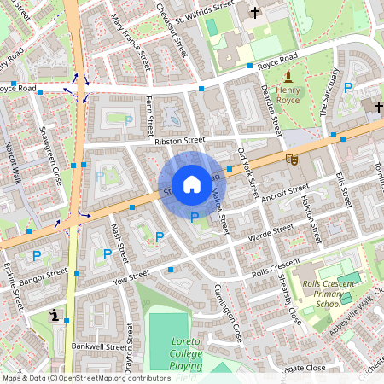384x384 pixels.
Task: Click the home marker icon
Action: pyautogui.click(x=192, y=184)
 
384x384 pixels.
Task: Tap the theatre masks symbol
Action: pyautogui.click(x=292, y=158)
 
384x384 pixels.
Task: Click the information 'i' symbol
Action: pyautogui.click(x=55, y=315)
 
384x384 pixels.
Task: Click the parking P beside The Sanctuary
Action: pyautogui.click(x=348, y=88)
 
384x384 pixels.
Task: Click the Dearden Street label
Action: pyautogui.click(x=271, y=110)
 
